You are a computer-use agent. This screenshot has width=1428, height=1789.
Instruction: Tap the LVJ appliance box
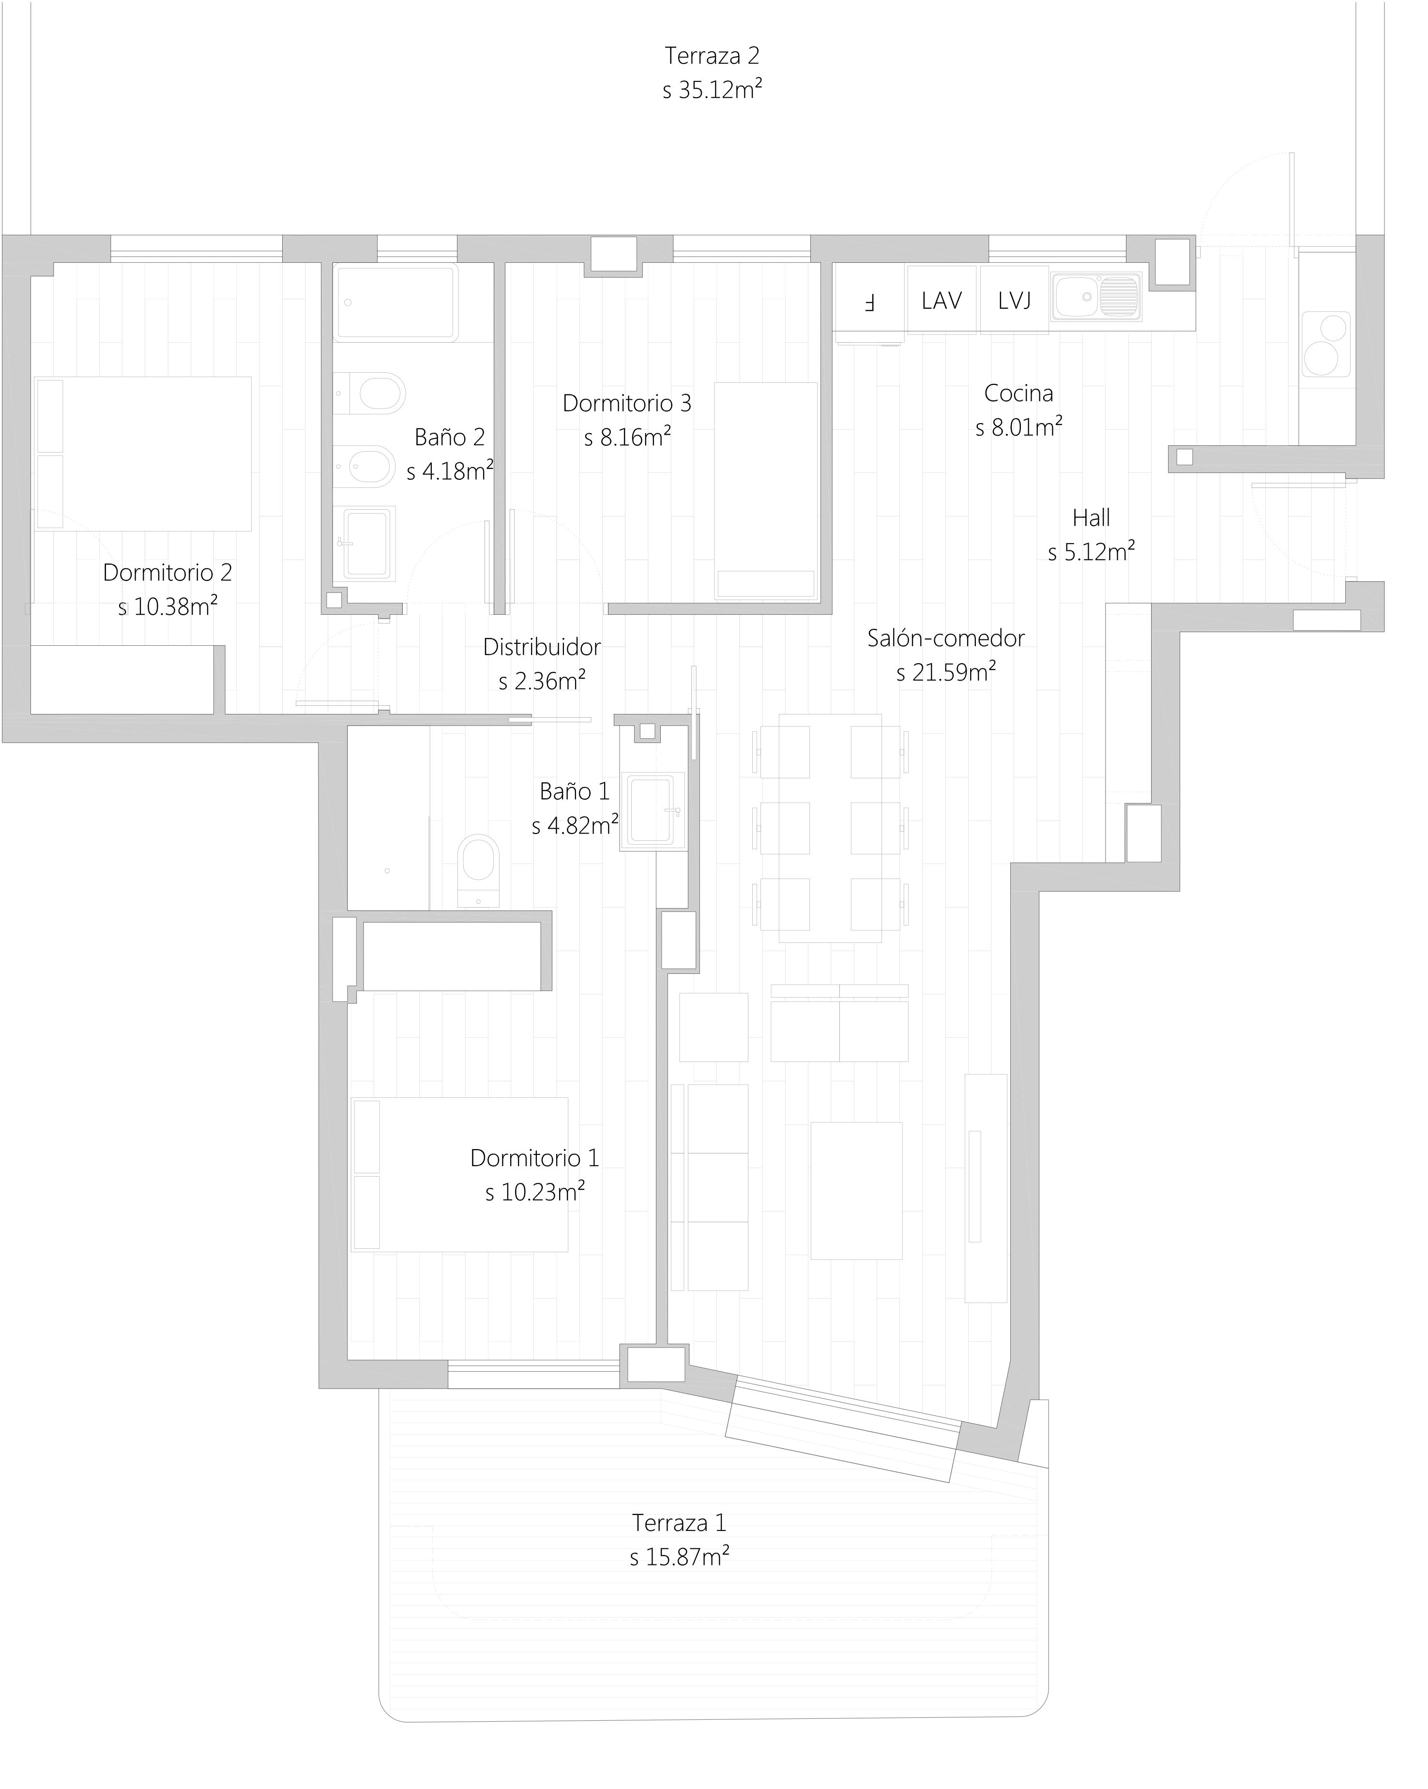click(1014, 300)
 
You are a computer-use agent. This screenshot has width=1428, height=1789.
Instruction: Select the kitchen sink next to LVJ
click(1096, 296)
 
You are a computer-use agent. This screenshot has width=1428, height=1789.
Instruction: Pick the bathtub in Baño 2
click(396, 303)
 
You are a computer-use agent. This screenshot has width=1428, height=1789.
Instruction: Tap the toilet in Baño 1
click(478, 871)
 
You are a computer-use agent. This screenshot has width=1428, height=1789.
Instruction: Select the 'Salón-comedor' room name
click(946, 638)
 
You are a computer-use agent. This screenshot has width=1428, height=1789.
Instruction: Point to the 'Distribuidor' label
click(542, 646)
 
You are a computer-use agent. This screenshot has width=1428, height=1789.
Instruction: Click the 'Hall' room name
click(1091, 518)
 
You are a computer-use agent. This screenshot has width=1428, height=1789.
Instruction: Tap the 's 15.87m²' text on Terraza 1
click(680, 1558)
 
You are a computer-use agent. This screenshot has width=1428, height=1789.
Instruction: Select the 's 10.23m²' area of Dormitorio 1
click(535, 1192)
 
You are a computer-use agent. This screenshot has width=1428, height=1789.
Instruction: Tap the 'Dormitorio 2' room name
click(167, 572)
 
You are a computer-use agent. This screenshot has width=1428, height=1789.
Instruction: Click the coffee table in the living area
click(856, 1190)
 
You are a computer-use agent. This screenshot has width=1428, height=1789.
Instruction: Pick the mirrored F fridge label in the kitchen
click(869, 303)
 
